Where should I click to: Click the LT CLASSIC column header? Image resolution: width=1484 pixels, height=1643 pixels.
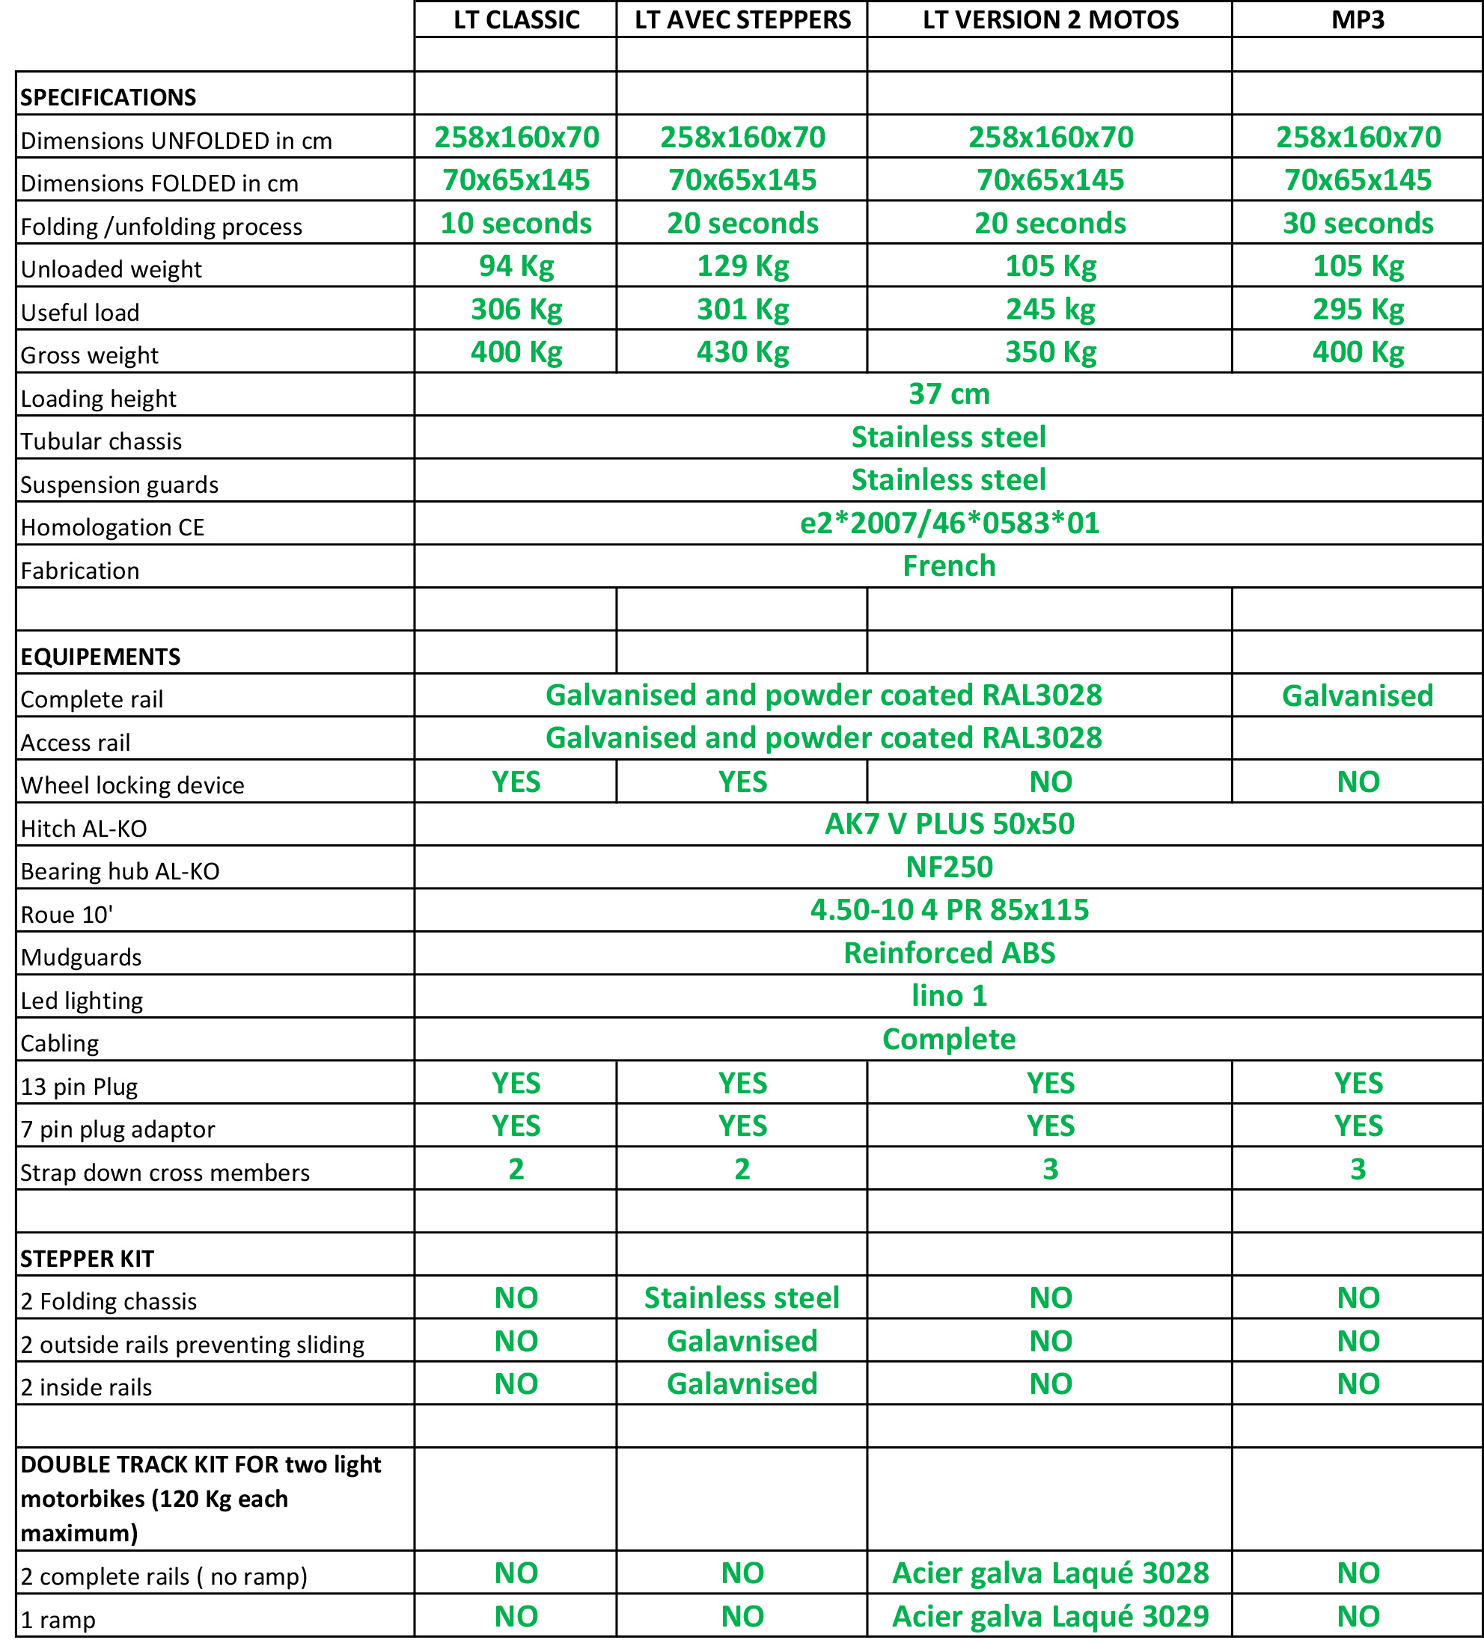[x=516, y=19]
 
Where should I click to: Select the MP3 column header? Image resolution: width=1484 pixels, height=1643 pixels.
[x=1358, y=19]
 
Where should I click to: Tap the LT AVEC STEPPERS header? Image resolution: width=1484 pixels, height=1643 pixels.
[x=742, y=19]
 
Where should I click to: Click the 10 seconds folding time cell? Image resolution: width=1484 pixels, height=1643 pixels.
[x=516, y=224]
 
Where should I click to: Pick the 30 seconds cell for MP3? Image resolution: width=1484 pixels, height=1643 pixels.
[x=1358, y=224]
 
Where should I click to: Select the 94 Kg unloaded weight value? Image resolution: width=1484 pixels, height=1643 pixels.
[x=516, y=266]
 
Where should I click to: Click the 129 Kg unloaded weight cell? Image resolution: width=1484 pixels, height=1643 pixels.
[x=742, y=266]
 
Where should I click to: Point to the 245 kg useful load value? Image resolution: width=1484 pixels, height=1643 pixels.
[x=1050, y=310]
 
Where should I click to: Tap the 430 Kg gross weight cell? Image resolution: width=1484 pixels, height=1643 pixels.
[x=742, y=352]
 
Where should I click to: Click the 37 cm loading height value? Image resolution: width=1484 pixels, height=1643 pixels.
[x=949, y=394]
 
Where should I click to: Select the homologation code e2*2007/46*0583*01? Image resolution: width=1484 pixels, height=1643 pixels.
[x=949, y=523]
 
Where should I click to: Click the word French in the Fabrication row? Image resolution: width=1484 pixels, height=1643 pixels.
[x=949, y=566]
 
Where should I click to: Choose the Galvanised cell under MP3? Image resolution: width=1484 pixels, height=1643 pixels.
[x=1358, y=696]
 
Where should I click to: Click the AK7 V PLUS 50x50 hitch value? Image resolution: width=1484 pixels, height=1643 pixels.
[x=949, y=825]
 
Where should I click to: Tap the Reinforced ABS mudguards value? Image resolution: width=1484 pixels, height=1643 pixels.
[x=949, y=953]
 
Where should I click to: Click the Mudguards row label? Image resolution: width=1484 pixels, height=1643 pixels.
[x=82, y=957]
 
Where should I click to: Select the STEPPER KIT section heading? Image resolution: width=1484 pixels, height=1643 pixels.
[x=88, y=1259]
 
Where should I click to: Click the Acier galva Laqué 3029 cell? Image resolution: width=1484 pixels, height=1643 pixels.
[x=1050, y=1617]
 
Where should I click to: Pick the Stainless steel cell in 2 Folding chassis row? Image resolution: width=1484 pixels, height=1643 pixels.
[x=742, y=1298]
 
